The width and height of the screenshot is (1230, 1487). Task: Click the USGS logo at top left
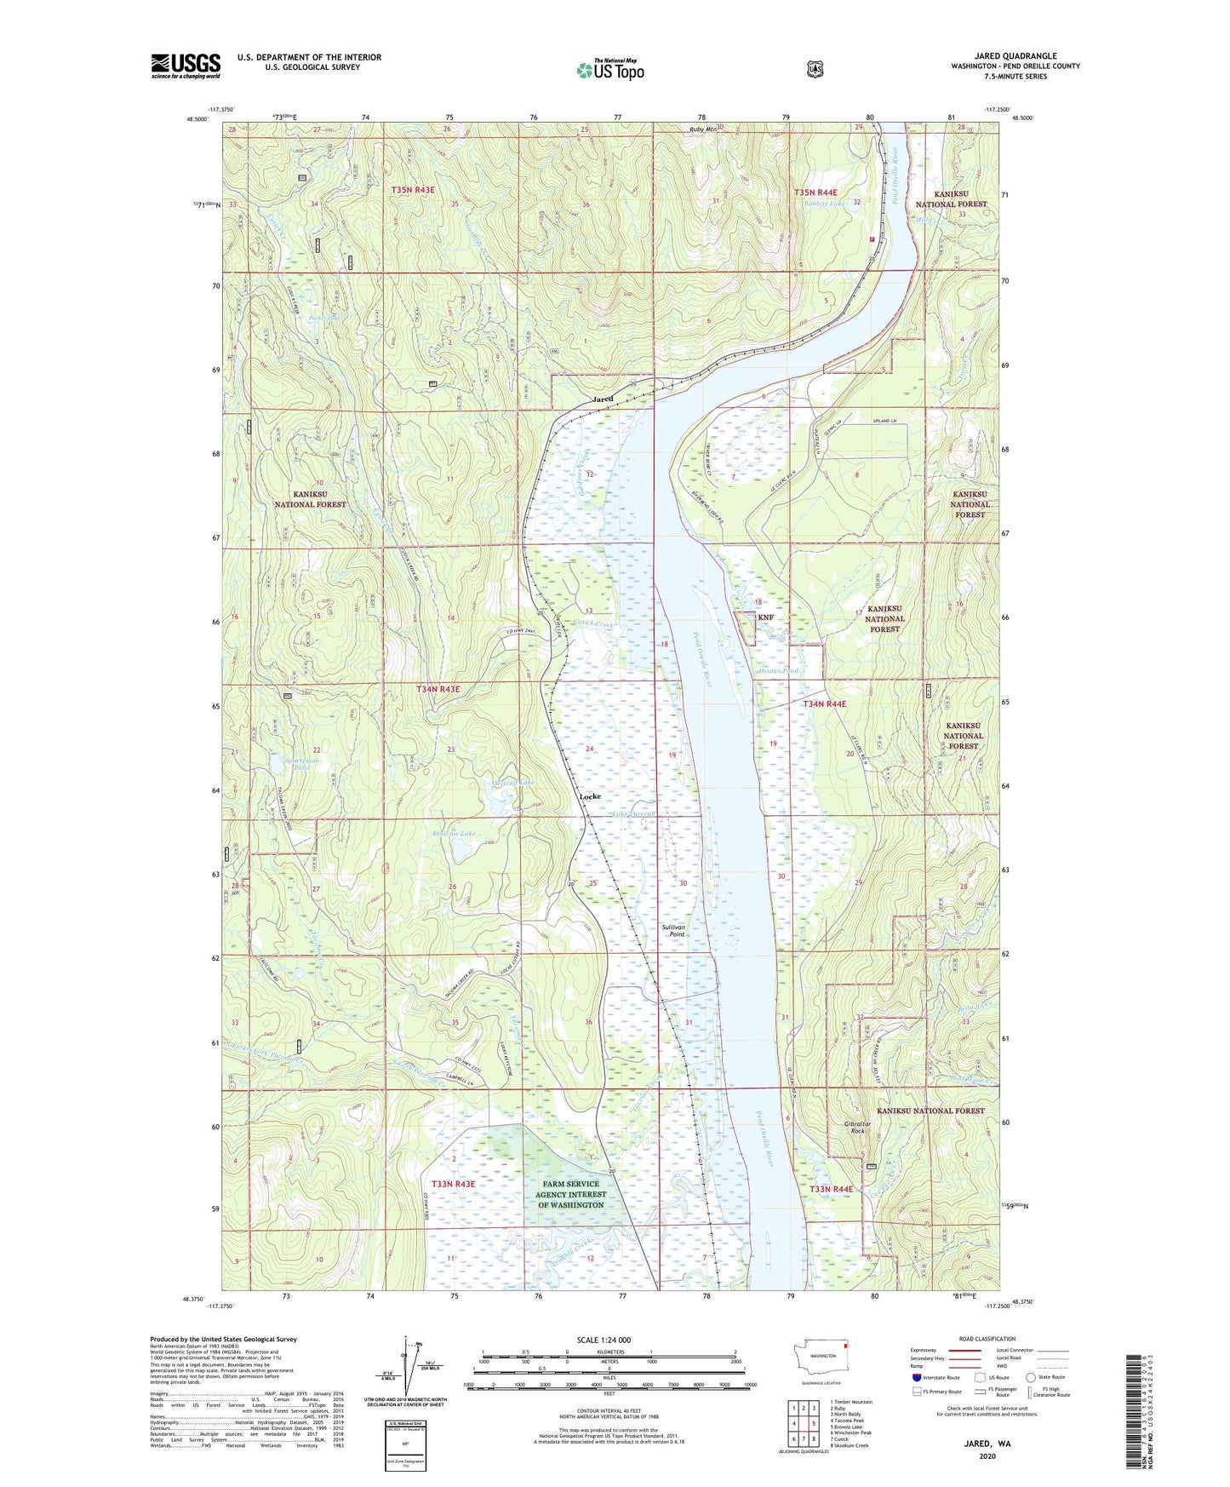pos(186,66)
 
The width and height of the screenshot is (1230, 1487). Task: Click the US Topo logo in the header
pos(609,71)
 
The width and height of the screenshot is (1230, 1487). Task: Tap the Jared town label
pos(603,399)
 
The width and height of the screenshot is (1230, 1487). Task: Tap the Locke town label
pos(590,796)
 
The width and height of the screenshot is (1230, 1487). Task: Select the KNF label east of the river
pos(765,616)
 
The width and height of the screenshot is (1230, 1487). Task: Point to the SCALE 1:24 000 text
pos(604,1340)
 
